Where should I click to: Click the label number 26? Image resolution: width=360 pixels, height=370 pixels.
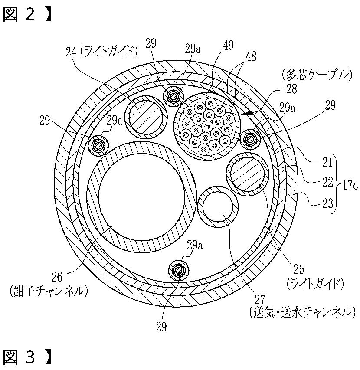pos(57,276)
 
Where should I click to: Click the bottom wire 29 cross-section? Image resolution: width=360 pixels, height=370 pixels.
pos(177,271)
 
